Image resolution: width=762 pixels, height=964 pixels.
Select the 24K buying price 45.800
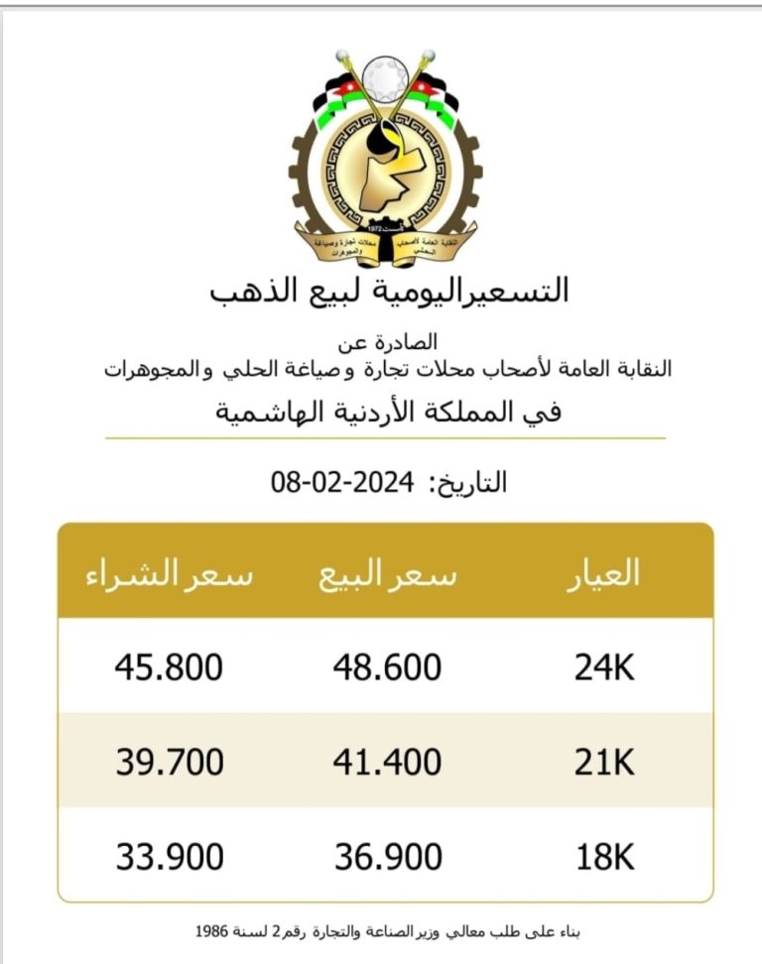click(169, 667)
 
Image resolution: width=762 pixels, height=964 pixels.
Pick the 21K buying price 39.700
click(169, 762)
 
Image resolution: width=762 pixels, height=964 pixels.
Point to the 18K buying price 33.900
click(169, 856)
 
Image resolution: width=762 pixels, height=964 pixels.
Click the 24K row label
click(603, 667)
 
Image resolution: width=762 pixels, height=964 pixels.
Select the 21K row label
click(603, 762)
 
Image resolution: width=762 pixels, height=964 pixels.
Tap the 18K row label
click(603, 856)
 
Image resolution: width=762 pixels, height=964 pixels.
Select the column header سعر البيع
click(388, 575)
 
